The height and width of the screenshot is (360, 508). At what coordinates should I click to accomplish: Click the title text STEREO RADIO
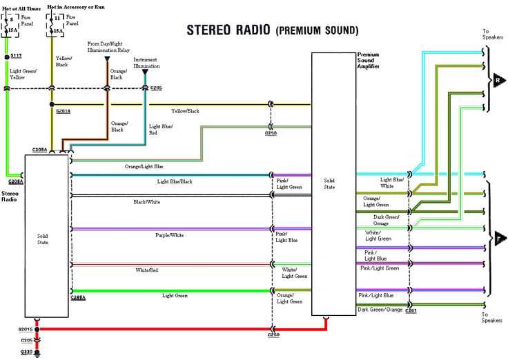pyautogui.click(x=229, y=30)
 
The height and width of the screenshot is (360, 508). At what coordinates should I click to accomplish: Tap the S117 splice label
pyautogui.click(x=15, y=54)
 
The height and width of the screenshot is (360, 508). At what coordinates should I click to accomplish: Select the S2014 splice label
pyautogui.click(x=63, y=110)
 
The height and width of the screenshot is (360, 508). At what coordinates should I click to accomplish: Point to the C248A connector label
pyautogui.click(x=79, y=297)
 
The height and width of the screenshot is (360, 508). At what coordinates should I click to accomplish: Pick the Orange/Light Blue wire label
pyautogui.click(x=144, y=167)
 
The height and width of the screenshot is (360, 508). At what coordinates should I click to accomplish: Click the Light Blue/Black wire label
pyautogui.click(x=175, y=181)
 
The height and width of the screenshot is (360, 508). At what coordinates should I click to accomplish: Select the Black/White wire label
pyautogui.click(x=147, y=202)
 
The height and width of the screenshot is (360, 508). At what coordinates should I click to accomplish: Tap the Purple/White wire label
pyautogui.click(x=169, y=235)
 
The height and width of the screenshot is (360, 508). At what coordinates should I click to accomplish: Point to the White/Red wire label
pyautogui.click(x=147, y=270)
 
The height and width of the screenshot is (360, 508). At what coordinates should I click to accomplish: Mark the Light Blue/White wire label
pyautogui.click(x=387, y=183)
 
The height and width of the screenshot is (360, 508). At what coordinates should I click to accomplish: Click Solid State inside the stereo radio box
pyautogui.click(x=43, y=239)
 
